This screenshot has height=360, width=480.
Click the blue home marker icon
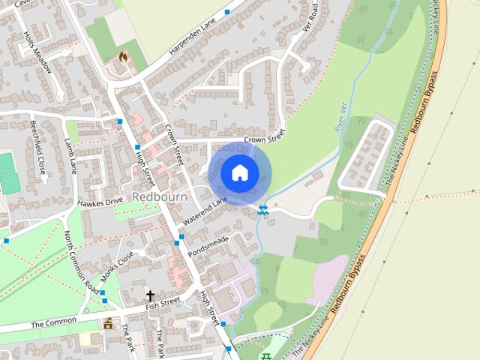pos(240,172)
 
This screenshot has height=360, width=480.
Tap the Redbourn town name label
pos(159,196)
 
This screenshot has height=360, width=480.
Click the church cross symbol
pos(150,295)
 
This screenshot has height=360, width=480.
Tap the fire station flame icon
pos(124,56)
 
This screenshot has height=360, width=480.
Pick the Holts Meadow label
pos(37,51)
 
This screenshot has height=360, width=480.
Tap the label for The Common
pos(53,322)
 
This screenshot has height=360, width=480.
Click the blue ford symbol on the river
pos(263,211)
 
